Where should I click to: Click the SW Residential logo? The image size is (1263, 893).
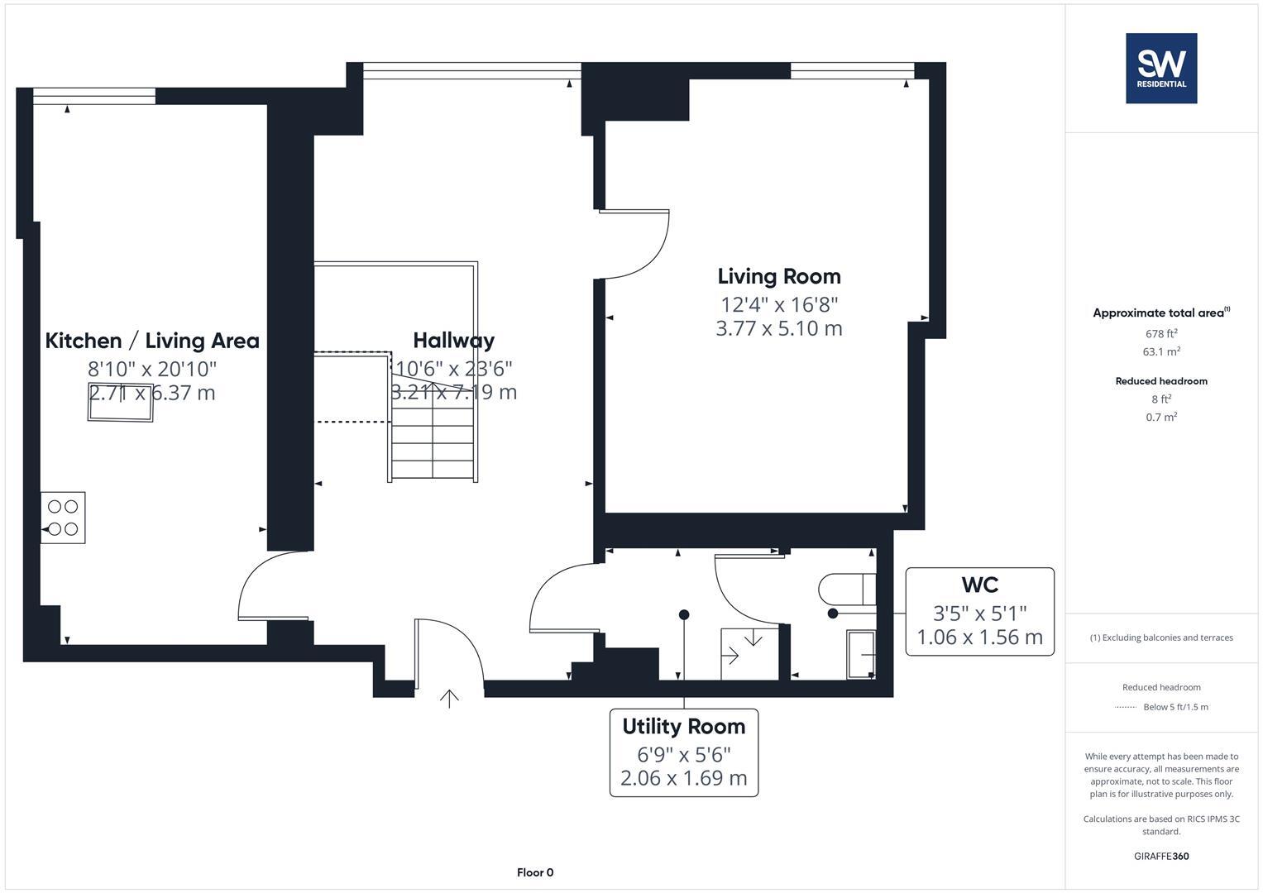[1160, 68]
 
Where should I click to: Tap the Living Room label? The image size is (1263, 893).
[778, 276]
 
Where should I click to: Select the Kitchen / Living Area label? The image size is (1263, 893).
[152, 341]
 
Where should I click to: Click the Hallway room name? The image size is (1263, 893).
[453, 340]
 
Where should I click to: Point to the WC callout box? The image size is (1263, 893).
[979, 612]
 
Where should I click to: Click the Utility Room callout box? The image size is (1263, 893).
[683, 752]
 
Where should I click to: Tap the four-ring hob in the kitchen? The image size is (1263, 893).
[63, 518]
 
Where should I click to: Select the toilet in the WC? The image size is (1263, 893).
[846, 590]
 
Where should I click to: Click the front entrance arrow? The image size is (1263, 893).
[449, 699]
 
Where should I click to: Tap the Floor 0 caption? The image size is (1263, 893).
[535, 872]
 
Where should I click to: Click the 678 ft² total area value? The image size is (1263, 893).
[1161, 334]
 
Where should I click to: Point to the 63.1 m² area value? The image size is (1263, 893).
[1161, 351]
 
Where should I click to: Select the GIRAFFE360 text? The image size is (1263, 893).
[1161, 856]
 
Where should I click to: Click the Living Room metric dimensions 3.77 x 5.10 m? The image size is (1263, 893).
[778, 328]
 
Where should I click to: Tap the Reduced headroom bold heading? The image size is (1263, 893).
[1161, 381]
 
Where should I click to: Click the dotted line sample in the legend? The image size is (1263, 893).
[1126, 707]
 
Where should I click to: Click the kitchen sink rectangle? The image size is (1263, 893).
[121, 402]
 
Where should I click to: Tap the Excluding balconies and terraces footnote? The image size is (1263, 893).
[1161, 638]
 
